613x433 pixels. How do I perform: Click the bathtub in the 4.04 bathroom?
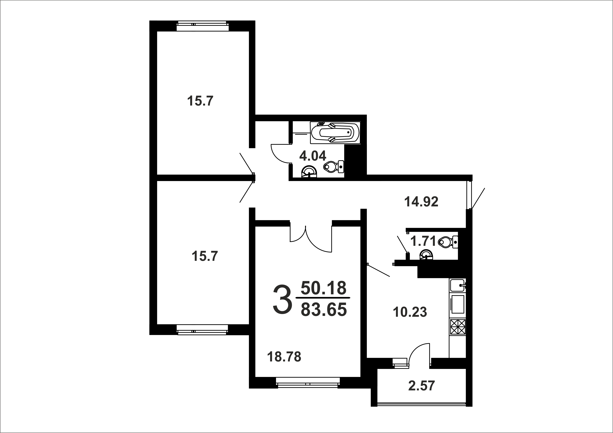[x=335, y=133]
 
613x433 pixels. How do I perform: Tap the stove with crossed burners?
[x=458, y=327]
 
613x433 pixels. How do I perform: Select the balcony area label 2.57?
[x=422, y=386]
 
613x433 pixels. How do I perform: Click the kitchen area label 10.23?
[x=410, y=312]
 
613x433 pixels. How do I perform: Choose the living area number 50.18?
[x=324, y=288]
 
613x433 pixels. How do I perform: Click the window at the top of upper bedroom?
[x=203, y=26]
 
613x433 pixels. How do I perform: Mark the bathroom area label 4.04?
[x=313, y=156]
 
